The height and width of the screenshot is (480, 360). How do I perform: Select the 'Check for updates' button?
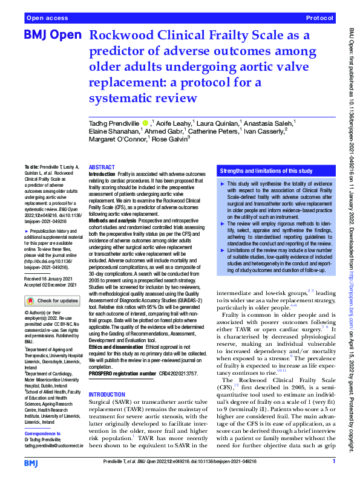[51, 300]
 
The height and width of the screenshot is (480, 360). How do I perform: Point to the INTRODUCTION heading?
[108, 394]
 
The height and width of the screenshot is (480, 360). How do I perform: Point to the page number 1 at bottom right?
[334, 461]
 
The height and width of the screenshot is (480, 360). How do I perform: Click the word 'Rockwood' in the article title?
[121, 36]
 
